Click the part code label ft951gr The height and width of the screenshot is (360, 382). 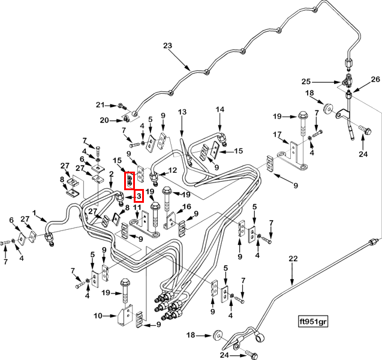tap(313, 322)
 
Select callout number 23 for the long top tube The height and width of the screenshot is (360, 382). tap(168, 46)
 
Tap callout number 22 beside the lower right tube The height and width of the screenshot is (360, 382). tap(293, 259)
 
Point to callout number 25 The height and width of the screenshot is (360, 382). tap(306, 82)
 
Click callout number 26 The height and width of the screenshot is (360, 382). tap(375, 79)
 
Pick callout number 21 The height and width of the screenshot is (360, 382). tap(100, 105)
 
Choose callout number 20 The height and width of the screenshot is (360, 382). tap(104, 120)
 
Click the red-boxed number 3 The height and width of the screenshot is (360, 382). tap(139, 196)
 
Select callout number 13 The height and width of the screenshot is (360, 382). tap(182, 112)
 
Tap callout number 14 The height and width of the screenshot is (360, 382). tap(220, 109)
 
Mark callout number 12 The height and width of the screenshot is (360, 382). tap(173, 170)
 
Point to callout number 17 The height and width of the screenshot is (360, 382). tap(277, 134)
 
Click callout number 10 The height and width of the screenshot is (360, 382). tap(98, 316)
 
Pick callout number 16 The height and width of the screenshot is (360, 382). tap(187, 207)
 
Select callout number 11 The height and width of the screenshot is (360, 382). tap(137, 208)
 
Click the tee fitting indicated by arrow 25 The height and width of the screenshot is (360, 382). tap(347, 83)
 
